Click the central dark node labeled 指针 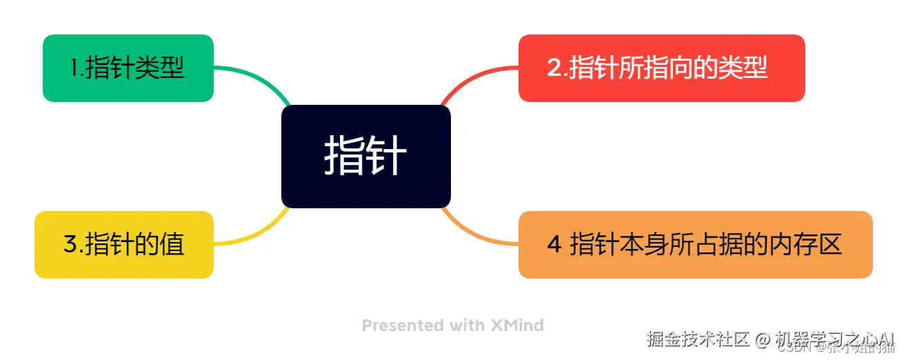[x=365, y=157]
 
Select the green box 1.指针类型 [x=128, y=68]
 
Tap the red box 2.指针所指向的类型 [x=661, y=68]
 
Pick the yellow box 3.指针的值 [x=124, y=245]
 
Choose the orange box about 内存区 [x=695, y=245]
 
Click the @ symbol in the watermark [x=762, y=339]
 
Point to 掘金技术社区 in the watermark [x=698, y=339]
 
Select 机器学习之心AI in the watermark [x=834, y=339]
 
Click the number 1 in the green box [x=75, y=68]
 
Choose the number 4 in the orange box [x=554, y=245]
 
